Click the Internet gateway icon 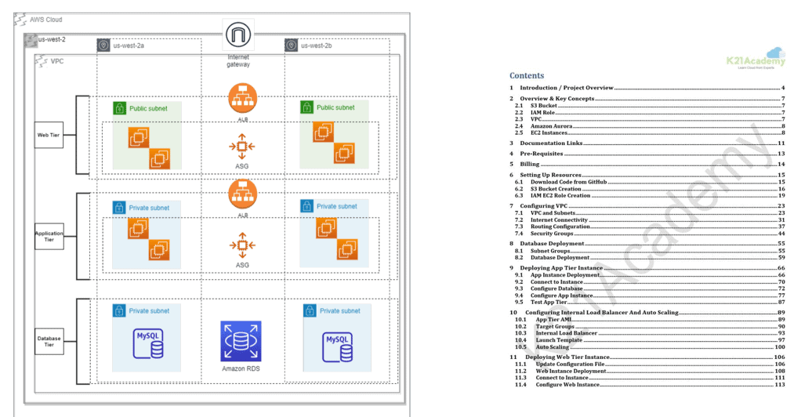coord(238,35)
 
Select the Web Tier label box coord(49,135)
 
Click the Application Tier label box coord(49,234)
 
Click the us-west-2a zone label coord(128,45)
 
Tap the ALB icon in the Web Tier coord(242,99)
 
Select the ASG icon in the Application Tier coord(242,245)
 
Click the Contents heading coord(527,75)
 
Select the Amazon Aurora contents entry coord(551,126)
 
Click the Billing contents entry coord(529,165)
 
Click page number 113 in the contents coord(779,384)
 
